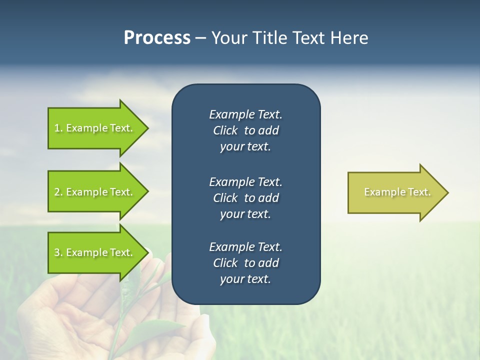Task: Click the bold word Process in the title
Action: click(x=157, y=38)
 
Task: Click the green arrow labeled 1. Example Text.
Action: click(x=95, y=128)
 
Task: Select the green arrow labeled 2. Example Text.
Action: click(x=95, y=192)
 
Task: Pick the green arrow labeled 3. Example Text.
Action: click(x=95, y=252)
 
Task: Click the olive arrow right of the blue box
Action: click(x=395, y=192)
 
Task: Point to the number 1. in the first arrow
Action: click(x=58, y=128)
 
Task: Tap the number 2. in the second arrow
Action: click(x=58, y=192)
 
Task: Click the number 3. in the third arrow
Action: click(x=58, y=252)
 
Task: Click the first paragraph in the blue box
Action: click(x=245, y=130)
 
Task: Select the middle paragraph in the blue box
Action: click(x=245, y=198)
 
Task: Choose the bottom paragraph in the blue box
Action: click(x=245, y=263)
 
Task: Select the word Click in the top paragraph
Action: click(x=225, y=130)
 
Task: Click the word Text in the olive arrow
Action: click(x=418, y=192)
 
